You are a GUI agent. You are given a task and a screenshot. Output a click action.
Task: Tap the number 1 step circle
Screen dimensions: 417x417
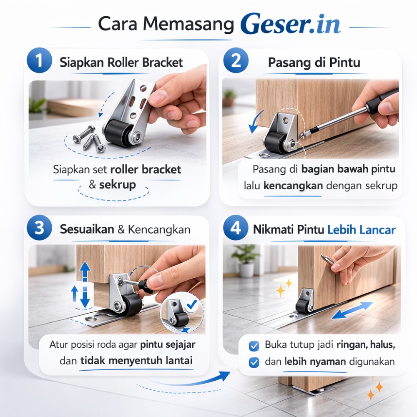(39, 60)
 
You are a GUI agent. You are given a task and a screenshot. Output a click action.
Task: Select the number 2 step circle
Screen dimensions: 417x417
(236, 60)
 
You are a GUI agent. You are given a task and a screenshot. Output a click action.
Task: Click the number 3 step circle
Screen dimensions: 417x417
(39, 228)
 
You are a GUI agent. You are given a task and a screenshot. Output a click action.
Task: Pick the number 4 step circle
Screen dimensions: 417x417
(236, 228)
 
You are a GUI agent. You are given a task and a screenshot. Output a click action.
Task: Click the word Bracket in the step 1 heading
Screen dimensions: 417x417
(163, 62)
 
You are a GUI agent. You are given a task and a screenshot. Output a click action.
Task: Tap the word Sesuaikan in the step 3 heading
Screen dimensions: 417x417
(87, 229)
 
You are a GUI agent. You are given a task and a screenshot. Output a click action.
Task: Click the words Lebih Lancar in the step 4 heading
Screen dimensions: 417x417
(362, 229)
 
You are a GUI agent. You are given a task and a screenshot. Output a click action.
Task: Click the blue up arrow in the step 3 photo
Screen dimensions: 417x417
(85, 271)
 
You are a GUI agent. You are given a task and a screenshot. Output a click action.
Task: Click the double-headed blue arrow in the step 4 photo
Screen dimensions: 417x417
(352, 310)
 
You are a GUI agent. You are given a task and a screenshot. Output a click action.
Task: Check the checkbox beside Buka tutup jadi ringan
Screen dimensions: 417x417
(254, 346)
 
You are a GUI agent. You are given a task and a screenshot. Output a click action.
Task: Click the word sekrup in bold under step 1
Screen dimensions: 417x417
(117, 185)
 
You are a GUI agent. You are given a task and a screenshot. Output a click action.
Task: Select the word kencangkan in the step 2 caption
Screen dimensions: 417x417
(293, 186)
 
